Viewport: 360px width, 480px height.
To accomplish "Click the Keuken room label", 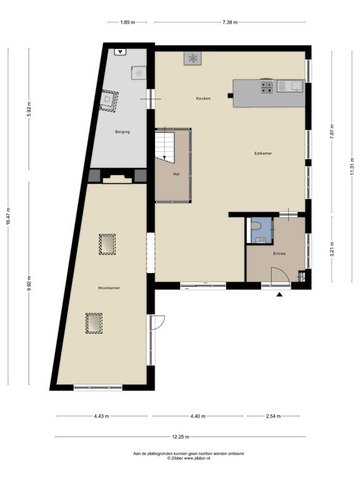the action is point(203,99).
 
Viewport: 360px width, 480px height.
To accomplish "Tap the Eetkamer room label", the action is point(263,153).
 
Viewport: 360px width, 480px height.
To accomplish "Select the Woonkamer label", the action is point(109,288).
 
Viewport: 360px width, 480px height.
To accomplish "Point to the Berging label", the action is point(122,132).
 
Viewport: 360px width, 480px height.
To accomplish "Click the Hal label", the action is point(176,174).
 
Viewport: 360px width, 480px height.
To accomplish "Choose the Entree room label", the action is point(279,254).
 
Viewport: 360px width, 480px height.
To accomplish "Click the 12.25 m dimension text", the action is point(181,437).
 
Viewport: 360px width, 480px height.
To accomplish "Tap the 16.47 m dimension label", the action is point(8,216).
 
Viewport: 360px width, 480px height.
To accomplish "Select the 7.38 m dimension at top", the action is point(230,22).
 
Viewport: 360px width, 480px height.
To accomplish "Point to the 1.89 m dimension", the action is point(127,22).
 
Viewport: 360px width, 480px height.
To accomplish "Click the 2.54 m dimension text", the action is point(273,416).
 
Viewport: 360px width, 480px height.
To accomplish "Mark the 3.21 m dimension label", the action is point(332,249).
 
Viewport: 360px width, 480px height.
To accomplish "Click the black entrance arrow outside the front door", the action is point(279,294).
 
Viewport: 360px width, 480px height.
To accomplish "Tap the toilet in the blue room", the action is point(255,226).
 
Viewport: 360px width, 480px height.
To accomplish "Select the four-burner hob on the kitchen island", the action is point(267,86).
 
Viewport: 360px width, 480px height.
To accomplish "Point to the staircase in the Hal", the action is point(165,146).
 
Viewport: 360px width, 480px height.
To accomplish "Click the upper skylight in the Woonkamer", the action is point(107,244).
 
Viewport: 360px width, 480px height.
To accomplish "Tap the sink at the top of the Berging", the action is point(121,52).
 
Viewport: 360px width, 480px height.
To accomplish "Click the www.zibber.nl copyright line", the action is point(189,458).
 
